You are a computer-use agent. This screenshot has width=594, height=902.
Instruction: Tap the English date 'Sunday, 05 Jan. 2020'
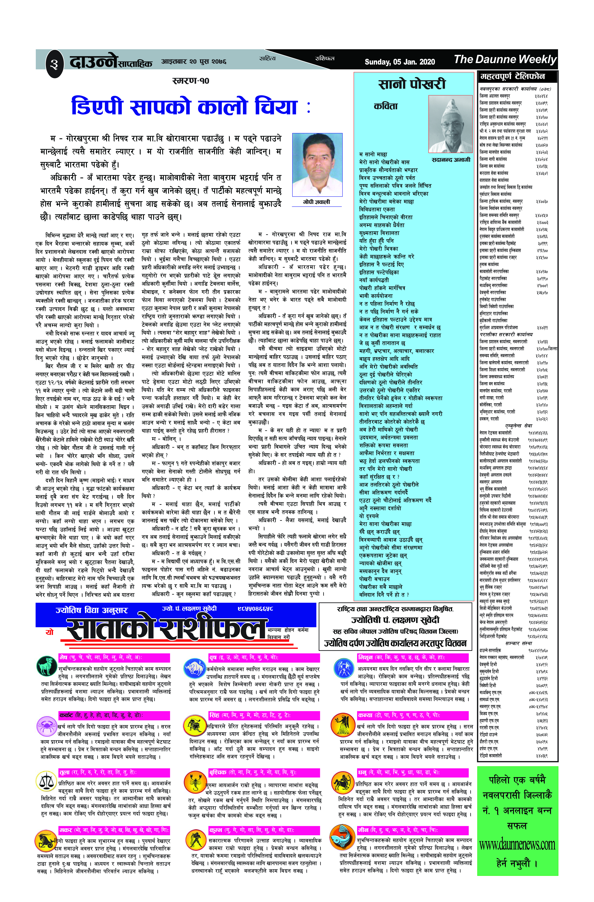pyautogui.click(x=400, y=62)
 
